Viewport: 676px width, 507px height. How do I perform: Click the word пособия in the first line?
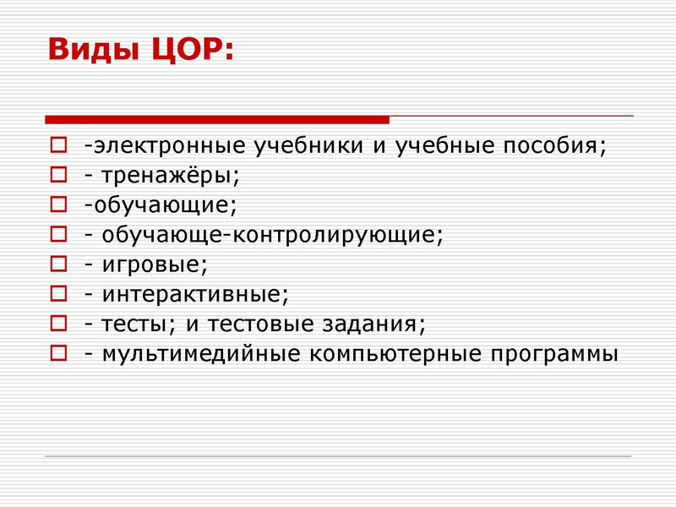click(558, 145)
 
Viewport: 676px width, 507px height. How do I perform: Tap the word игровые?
click(153, 264)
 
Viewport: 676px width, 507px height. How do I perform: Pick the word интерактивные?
click(194, 294)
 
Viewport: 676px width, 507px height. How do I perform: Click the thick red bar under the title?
click(216, 119)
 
